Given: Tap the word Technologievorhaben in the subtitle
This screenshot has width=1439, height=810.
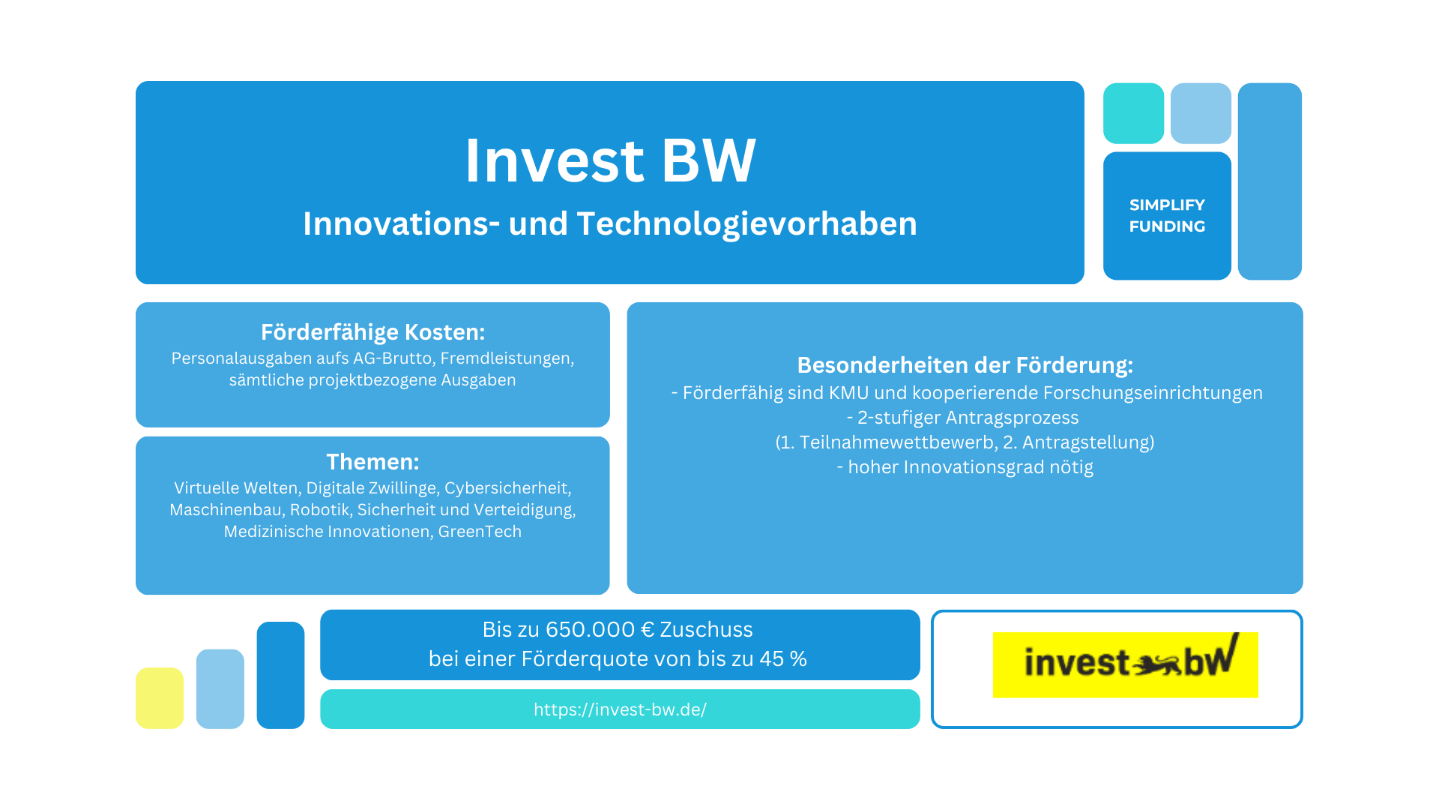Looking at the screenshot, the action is click(x=746, y=223).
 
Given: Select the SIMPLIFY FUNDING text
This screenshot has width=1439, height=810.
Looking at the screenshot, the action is click(x=1167, y=215).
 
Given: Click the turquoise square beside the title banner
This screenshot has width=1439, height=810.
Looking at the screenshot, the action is click(x=1133, y=113).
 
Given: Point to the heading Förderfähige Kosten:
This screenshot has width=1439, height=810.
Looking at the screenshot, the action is click(x=372, y=332).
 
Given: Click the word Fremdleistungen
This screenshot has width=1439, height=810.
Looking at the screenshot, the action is click(x=507, y=358).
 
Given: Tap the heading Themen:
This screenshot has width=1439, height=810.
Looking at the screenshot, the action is click(x=372, y=461).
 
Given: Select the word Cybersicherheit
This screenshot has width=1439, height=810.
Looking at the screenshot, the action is click(x=507, y=488).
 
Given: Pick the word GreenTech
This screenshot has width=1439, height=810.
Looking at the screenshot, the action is click(x=480, y=532).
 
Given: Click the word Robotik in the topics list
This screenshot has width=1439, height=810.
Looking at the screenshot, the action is click(x=320, y=510).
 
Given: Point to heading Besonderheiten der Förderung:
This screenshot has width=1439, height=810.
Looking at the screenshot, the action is click(x=965, y=365).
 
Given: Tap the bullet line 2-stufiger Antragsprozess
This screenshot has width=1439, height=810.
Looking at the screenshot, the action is click(x=962, y=418).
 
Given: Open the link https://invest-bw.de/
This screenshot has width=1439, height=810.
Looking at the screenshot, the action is click(x=620, y=709).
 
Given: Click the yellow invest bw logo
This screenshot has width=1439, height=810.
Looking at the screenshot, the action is click(x=1125, y=664).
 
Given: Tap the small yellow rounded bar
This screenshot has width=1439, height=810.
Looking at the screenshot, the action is click(x=160, y=697).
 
